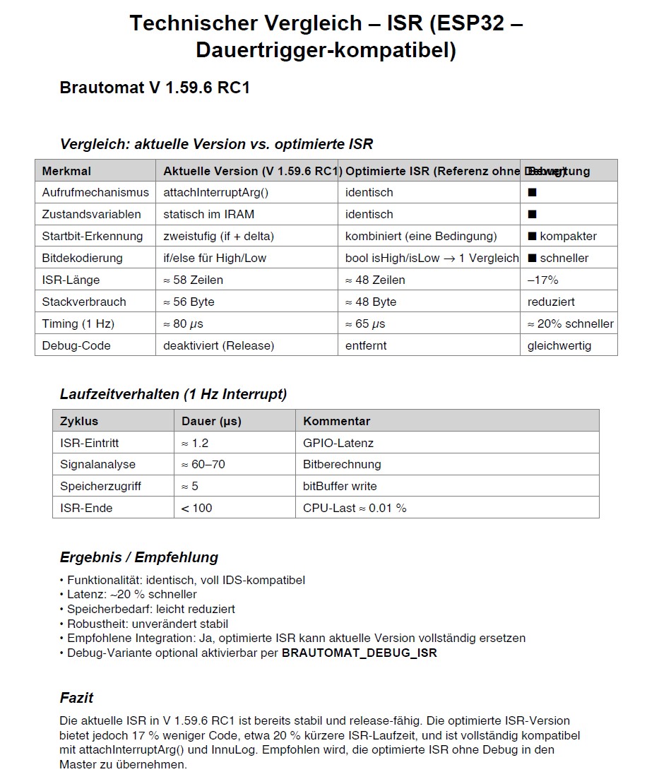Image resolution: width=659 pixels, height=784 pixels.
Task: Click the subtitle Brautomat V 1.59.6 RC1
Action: coord(155,88)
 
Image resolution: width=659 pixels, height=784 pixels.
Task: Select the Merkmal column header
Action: coord(66,171)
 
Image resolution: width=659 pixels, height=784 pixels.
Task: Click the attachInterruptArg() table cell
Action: coord(216,192)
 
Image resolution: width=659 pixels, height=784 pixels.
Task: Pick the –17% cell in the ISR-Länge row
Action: coord(542,280)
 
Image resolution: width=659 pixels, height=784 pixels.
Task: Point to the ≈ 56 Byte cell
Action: coord(189,302)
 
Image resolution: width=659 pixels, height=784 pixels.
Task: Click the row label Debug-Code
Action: coord(76,345)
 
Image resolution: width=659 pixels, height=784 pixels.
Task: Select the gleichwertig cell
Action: coord(559,345)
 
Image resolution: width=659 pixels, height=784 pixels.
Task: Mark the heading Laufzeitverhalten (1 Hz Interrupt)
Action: coord(173,394)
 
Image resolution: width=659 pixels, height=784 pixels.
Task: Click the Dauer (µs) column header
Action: coord(211,421)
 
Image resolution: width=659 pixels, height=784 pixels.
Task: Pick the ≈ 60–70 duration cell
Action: coord(203,464)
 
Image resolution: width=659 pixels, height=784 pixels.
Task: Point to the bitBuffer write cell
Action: coord(340,486)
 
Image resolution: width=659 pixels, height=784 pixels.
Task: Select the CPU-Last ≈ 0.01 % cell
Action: coord(355,508)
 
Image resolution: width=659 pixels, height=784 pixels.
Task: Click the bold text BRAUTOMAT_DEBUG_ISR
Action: coord(359,653)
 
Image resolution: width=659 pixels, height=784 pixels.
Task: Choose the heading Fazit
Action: coord(76,698)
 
